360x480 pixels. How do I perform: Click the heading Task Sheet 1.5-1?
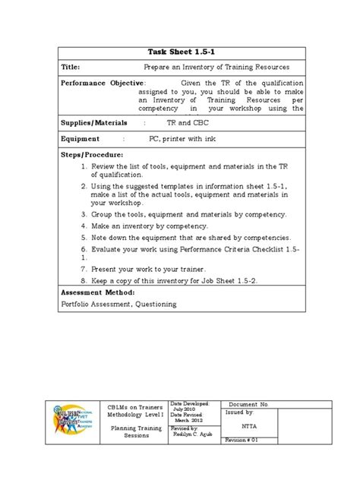coord(180,51)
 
